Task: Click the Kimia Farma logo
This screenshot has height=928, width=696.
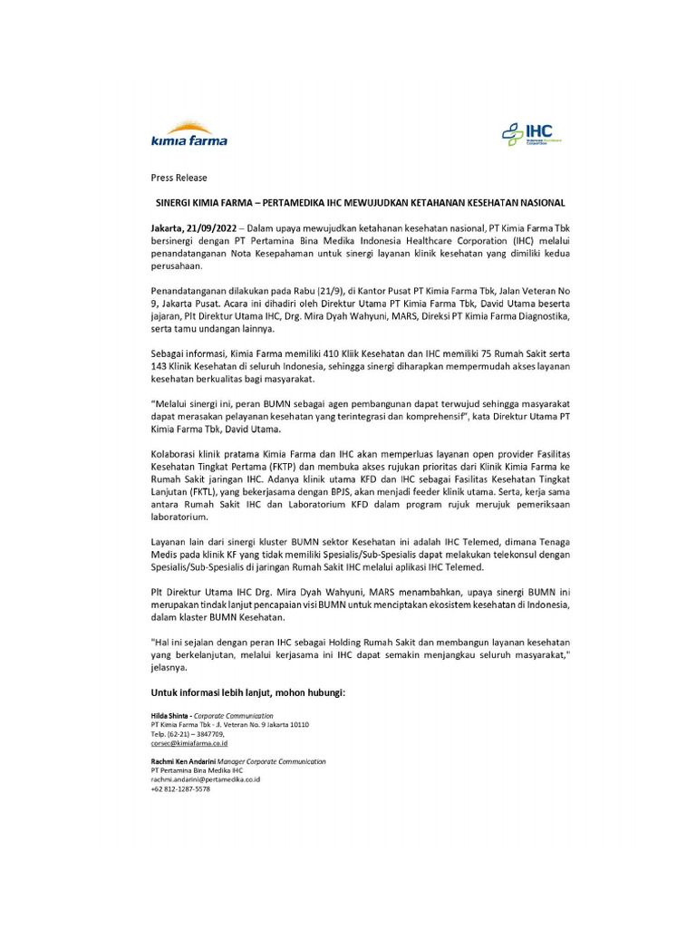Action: coord(188,135)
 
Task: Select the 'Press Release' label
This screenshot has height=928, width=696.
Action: coord(179,178)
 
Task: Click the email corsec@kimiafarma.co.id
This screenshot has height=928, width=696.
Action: coord(189,743)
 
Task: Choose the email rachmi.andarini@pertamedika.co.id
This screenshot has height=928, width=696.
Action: coord(206,779)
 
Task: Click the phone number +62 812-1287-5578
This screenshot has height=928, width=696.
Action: coord(180,789)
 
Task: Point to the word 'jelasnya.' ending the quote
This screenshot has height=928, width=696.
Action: coord(169,667)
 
